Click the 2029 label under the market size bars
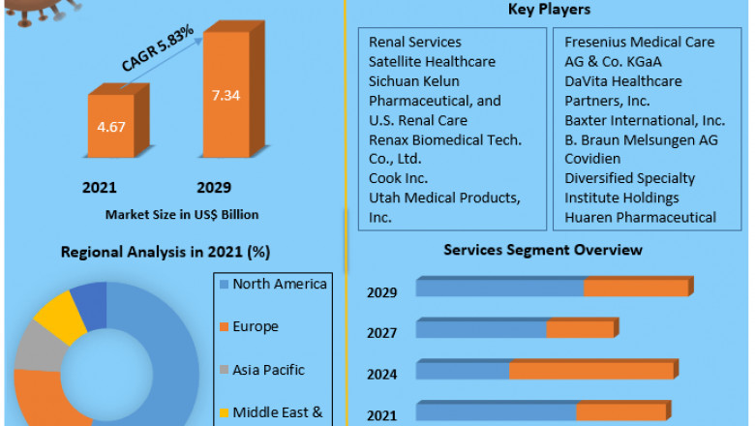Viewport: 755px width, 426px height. [x=213, y=187]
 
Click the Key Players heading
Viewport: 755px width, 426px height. [x=549, y=10]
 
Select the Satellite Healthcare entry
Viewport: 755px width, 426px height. [x=432, y=62]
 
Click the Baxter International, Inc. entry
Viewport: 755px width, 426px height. [x=645, y=121]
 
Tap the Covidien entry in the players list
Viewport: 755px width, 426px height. [x=595, y=160]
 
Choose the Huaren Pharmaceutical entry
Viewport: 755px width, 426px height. [x=641, y=218]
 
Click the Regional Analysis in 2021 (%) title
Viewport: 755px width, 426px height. [x=166, y=252]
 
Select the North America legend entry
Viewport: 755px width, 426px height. [x=280, y=284]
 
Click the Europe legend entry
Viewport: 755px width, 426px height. [x=256, y=327]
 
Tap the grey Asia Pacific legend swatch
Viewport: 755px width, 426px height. [x=224, y=370]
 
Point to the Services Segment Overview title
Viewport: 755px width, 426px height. [x=542, y=250]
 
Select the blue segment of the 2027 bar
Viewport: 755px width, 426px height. [x=480, y=330]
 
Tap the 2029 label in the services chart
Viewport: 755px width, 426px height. [x=381, y=292]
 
